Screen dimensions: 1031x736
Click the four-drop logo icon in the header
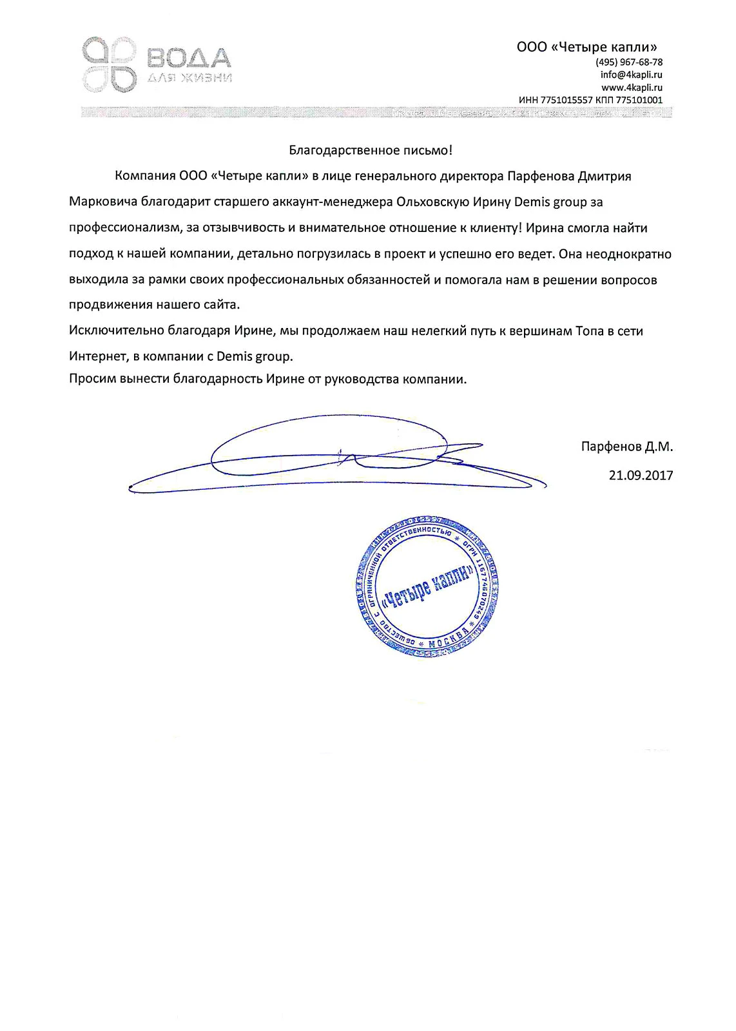(110, 63)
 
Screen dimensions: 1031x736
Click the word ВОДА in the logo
(189, 59)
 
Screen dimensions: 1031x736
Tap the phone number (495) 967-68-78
(629, 63)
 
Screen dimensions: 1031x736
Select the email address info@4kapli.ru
(631, 75)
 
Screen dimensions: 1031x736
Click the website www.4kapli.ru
(632, 88)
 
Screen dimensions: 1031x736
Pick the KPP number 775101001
(639, 101)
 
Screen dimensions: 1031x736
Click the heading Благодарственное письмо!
(371, 151)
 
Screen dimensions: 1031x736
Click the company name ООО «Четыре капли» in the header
(586, 47)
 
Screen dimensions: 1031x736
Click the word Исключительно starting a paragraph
(116, 331)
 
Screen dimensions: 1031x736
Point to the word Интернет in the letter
(97, 356)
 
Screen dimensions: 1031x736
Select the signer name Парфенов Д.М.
(626, 447)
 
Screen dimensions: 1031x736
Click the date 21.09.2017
(641, 476)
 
